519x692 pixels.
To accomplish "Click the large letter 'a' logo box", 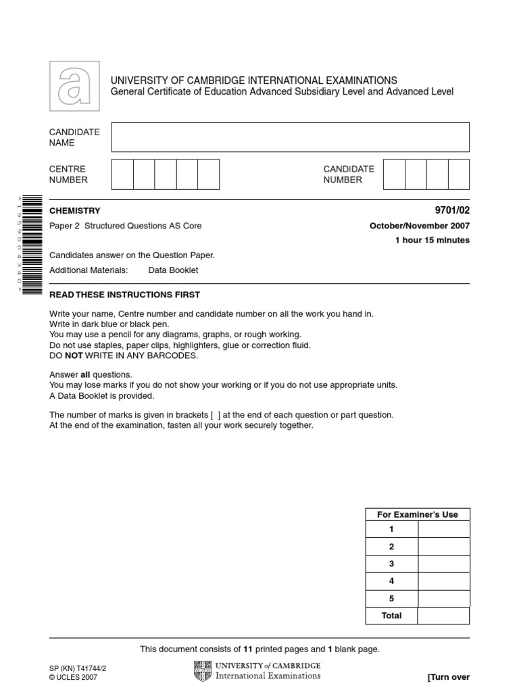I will coord(74,86).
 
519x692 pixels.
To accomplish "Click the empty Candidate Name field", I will coord(290,137).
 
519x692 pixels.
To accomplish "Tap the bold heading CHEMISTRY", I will coord(74,211).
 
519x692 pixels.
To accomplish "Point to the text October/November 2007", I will coord(420,226).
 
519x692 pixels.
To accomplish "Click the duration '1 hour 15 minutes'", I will coord(432,241).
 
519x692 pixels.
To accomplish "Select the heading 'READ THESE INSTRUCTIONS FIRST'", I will coord(125,295).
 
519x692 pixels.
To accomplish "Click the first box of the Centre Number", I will coord(122,174).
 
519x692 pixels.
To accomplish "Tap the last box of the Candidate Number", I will coord(459,174).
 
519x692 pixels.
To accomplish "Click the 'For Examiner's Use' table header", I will coord(417,514).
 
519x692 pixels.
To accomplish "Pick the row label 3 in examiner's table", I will coord(391,564).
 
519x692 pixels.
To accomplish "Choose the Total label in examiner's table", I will coord(391,616).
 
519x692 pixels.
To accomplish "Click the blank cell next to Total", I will coord(443,616).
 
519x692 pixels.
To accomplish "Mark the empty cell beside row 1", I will coord(443,529).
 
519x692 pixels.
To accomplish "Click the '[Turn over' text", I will coord(448,677).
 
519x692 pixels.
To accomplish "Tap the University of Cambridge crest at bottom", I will coord(202,671).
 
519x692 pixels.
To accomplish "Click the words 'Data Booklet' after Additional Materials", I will coord(173,270).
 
